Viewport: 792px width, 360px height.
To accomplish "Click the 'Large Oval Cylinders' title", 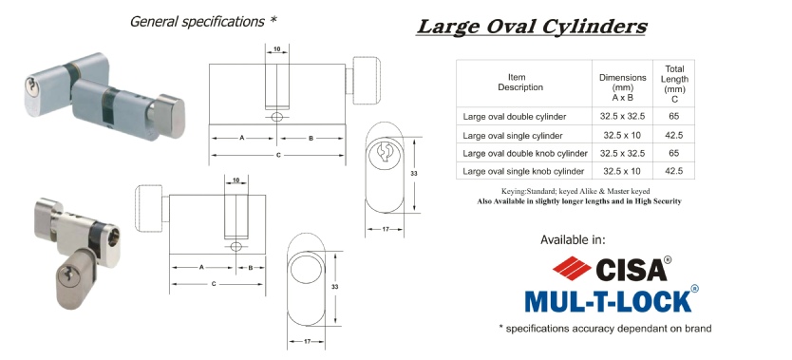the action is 532,27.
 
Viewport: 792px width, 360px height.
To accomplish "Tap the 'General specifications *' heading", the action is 203,22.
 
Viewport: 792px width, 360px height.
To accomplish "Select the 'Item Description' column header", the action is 520,83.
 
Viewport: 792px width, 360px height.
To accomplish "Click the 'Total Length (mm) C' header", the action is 674,84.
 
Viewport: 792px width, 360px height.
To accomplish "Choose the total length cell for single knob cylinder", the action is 674,171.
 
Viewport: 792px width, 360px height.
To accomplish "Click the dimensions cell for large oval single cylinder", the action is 622,135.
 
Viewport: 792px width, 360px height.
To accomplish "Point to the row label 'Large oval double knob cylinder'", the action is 525,153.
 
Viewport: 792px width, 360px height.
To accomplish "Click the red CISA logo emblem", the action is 572,268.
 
